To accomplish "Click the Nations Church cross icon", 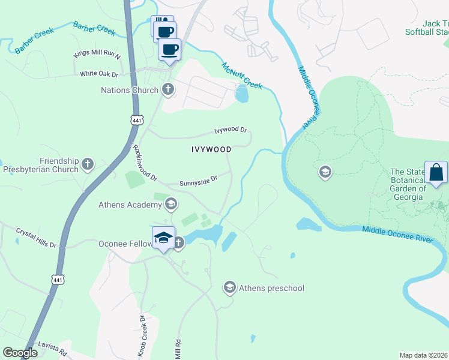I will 168,90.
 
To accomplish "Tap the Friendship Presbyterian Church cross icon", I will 88,163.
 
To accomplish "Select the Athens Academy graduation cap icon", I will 171,205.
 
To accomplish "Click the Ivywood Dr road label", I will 231,130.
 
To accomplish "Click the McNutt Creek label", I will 242,76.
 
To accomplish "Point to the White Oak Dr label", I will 100,74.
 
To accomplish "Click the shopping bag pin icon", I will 436,173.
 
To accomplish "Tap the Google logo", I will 20,353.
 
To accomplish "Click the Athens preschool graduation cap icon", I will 229,288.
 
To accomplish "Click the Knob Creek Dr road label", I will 143,336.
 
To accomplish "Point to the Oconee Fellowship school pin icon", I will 163,238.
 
